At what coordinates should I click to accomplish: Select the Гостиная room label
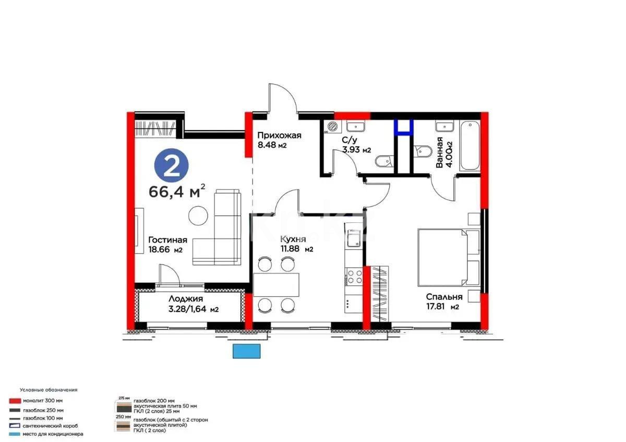click(167, 240)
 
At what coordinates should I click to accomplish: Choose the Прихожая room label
click(280, 135)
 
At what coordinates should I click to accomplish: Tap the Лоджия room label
click(186, 299)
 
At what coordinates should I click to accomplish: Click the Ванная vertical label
click(440, 152)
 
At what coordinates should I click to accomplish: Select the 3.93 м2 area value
click(356, 150)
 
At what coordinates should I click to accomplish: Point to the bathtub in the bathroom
click(469, 146)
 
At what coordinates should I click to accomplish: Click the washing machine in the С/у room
click(331, 127)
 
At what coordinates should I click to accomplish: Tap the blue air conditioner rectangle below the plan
click(246, 351)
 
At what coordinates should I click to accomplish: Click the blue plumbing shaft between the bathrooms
click(403, 127)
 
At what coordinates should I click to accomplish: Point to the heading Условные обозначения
click(49, 390)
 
